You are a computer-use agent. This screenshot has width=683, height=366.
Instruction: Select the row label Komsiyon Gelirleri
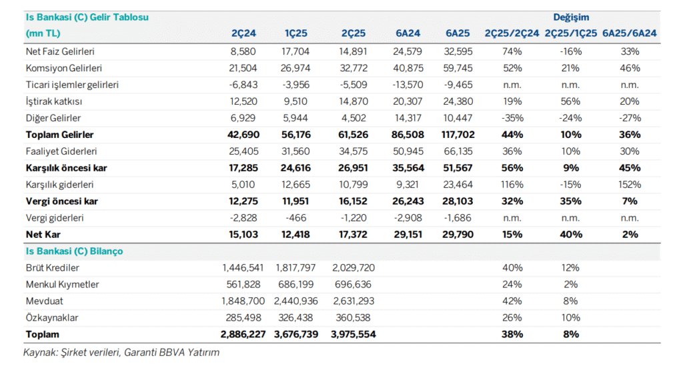point(63,68)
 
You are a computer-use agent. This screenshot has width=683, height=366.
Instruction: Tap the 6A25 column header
point(458,33)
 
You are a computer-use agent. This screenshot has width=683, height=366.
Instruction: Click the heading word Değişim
point(571,17)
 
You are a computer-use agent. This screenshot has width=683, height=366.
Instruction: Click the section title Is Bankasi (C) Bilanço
point(74,251)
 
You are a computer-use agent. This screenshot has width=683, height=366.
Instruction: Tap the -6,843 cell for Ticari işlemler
point(241,85)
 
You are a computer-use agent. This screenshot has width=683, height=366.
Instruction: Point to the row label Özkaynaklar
point(53,317)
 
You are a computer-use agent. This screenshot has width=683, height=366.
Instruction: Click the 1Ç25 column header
point(298,33)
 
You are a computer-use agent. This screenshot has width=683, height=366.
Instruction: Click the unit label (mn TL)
point(42,33)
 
